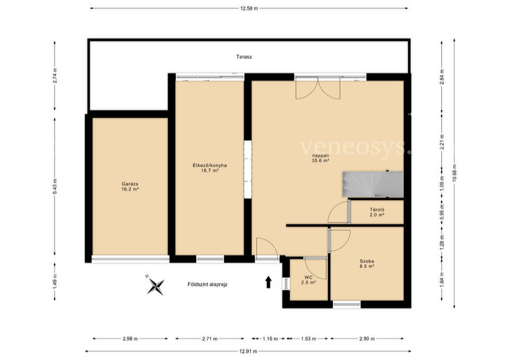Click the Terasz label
[244, 57]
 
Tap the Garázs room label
[130, 186]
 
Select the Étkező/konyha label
[209, 168]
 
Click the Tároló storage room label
[377, 212]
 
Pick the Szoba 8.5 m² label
[367, 264]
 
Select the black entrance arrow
[268, 282]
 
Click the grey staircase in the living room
[373, 185]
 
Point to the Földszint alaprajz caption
[207, 284]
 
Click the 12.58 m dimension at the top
[249, 8]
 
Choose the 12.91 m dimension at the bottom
[248, 351]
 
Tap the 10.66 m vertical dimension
[454, 173]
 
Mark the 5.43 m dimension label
[55, 186]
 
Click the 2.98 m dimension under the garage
[130, 339]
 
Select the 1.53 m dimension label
[308, 339]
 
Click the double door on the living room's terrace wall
[318, 87]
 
